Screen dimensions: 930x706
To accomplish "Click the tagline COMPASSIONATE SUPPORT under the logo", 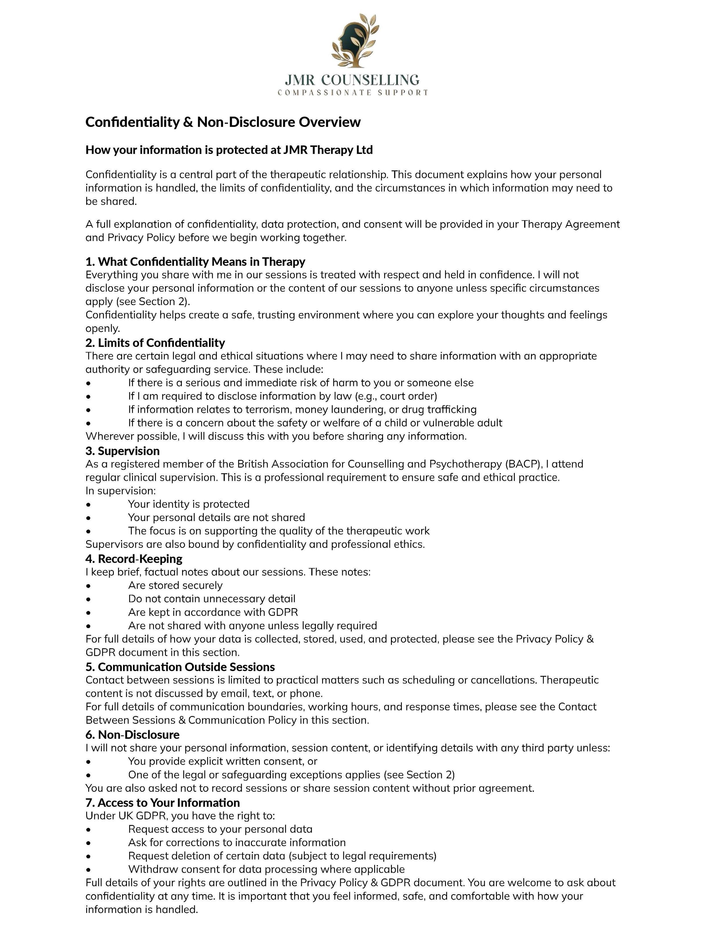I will coord(352,92).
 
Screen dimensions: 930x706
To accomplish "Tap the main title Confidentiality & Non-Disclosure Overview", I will coord(223,122).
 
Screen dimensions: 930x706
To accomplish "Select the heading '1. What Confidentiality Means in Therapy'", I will coord(195,262).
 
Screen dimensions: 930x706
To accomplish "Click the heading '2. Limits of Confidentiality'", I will coord(155,343).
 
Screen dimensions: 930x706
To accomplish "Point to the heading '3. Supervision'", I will coord(122,451).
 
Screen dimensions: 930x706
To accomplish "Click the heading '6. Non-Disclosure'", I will coord(132,735).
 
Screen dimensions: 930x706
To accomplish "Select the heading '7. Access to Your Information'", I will coord(162,803).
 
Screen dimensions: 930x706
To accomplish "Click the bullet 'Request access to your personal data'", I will coord(220,829).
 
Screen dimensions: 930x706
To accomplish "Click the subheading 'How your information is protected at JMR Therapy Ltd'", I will coord(229,150).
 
